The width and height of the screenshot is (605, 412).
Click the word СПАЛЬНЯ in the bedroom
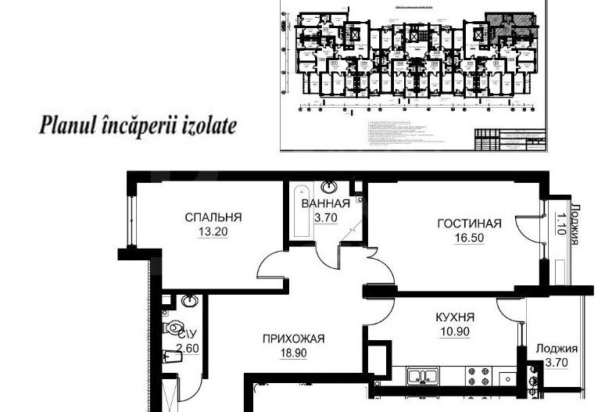[x=213, y=217]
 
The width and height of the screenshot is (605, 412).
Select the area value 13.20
[x=212, y=232]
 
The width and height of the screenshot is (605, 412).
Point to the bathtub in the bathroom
[x=299, y=213]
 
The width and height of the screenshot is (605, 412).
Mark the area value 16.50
[x=468, y=238]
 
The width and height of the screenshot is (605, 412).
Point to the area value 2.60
[x=188, y=349]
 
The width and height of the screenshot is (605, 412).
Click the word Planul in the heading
[x=67, y=125]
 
